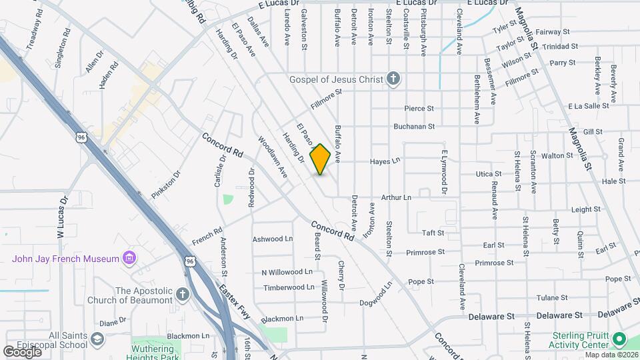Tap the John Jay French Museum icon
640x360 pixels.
(130, 258)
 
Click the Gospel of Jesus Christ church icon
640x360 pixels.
(393, 79)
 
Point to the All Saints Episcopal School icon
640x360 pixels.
(97, 341)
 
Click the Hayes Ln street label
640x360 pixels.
(385, 161)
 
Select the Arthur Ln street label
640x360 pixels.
(395, 197)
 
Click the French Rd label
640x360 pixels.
(207, 236)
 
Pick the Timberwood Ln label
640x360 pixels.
(289, 287)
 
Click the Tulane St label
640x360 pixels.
(552, 297)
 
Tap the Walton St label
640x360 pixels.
(553, 155)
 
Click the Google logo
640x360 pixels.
(22, 351)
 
